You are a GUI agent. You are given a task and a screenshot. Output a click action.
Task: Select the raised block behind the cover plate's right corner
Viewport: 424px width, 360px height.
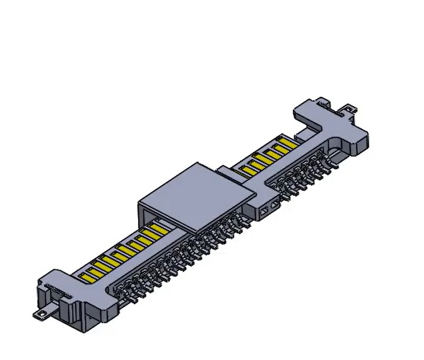point(228,171)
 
